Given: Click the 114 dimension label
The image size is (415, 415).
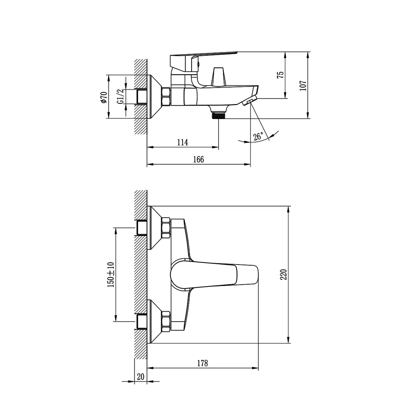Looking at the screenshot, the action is coord(182,142).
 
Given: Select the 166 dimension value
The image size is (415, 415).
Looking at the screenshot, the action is coord(199,159).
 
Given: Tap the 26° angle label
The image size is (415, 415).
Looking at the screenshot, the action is coord(258,136).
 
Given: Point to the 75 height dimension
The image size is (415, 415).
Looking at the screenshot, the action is coord(281,75).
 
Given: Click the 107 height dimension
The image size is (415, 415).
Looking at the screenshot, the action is coord(303,85).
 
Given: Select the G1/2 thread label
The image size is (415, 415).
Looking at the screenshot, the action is coord(120,97).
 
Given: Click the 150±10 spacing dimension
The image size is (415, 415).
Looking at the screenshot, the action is coord(111,274).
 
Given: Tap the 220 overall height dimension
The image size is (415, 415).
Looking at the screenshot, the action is coord(284,274).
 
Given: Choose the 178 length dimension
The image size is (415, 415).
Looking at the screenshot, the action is coord(203,363).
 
